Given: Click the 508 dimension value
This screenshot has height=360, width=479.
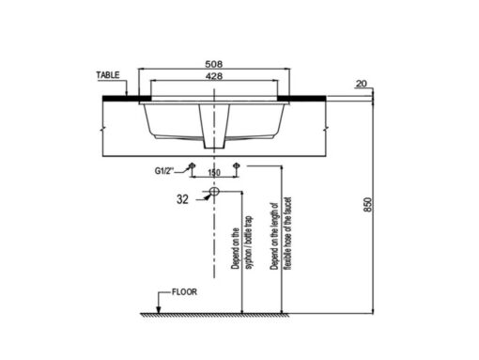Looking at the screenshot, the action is click(214, 64).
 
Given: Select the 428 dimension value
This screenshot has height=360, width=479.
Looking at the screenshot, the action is click(214, 76).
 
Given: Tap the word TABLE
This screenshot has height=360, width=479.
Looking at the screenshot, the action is click(108, 75).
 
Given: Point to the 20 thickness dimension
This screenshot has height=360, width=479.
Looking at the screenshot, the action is click(362, 84).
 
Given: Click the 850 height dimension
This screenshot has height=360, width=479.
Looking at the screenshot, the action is click(368, 204).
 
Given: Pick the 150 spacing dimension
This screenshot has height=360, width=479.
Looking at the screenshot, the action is click(214, 173).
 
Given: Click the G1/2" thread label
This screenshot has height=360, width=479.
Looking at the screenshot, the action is click(164, 171).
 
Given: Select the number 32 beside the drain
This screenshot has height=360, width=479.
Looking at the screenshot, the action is click(182, 199).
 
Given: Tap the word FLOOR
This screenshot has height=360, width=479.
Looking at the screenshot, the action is click(184, 292).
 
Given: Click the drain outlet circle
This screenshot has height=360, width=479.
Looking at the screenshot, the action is click(214, 191).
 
